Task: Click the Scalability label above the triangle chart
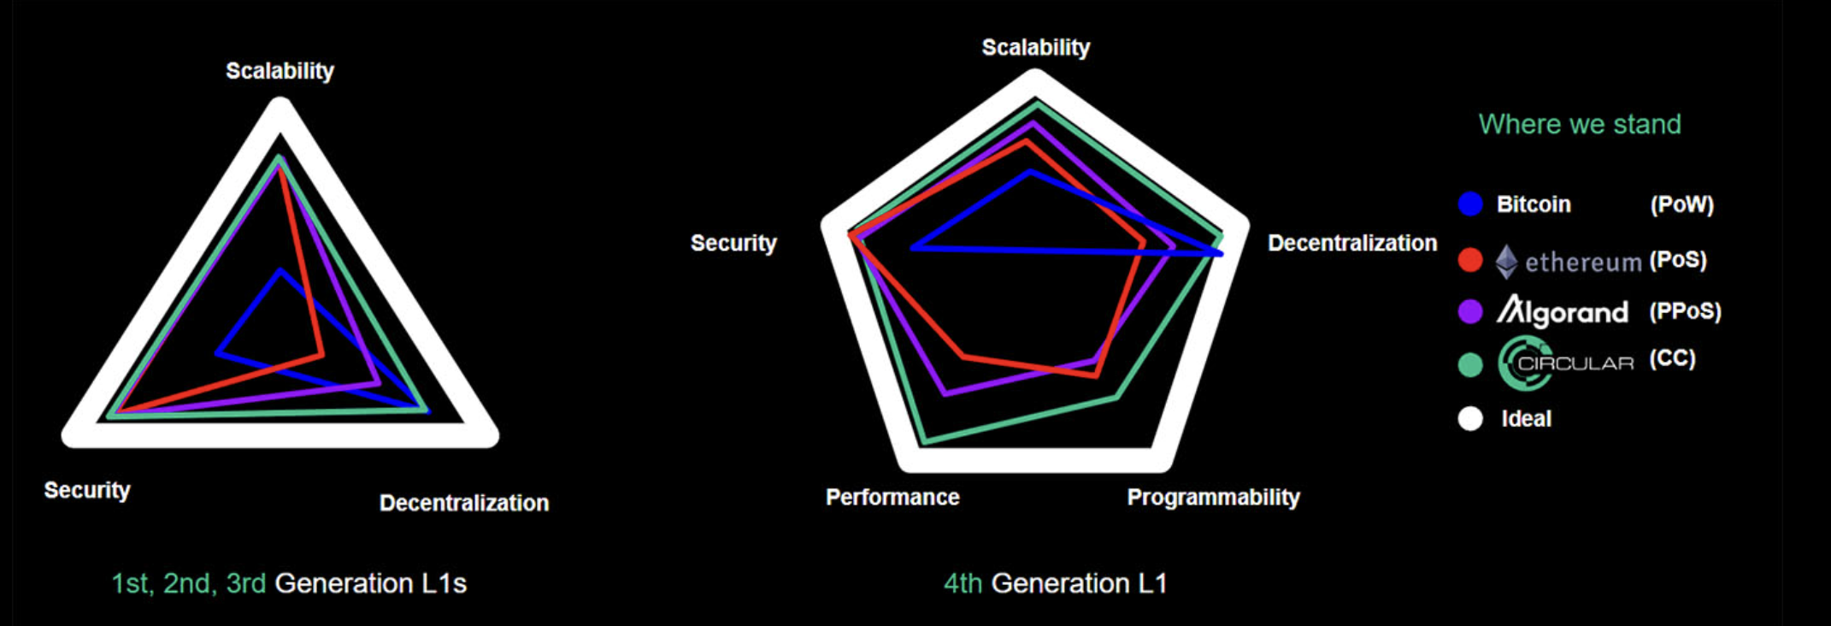(x=280, y=71)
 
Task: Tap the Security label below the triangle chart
(x=87, y=490)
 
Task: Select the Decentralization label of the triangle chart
(x=464, y=503)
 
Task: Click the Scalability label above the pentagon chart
(x=1036, y=48)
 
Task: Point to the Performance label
(x=892, y=498)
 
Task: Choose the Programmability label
(x=1213, y=498)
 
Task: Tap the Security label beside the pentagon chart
(x=733, y=243)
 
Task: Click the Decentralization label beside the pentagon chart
(x=1352, y=243)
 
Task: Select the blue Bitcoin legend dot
(x=1470, y=204)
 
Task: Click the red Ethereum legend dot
(x=1470, y=260)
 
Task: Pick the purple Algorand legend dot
(x=1470, y=311)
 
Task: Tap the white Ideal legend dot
(x=1470, y=418)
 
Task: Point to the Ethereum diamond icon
(x=1506, y=262)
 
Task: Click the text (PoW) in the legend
(x=1682, y=204)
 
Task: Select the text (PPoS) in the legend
(x=1685, y=311)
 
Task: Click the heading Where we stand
(x=1580, y=125)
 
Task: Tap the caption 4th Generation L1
(x=1055, y=583)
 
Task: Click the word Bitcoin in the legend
(x=1534, y=204)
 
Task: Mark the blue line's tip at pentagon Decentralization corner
(x=1222, y=253)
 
